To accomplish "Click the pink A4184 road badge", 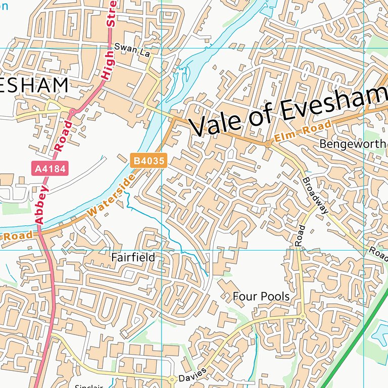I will [x=50, y=169].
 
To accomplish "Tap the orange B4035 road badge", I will [x=149, y=161].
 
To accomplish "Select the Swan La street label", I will [x=129, y=47].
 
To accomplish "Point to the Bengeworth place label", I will [x=353, y=144].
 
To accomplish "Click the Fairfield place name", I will [x=133, y=257].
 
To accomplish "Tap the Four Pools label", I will [x=261, y=296].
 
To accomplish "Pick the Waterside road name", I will [x=111, y=197].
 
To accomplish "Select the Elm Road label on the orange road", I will [x=303, y=131].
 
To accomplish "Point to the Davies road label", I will [x=192, y=374].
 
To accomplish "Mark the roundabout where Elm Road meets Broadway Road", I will [x=268, y=144].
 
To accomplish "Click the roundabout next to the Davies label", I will [x=172, y=378].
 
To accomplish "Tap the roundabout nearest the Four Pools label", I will [x=302, y=316].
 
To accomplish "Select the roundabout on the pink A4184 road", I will [x=72, y=111].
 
